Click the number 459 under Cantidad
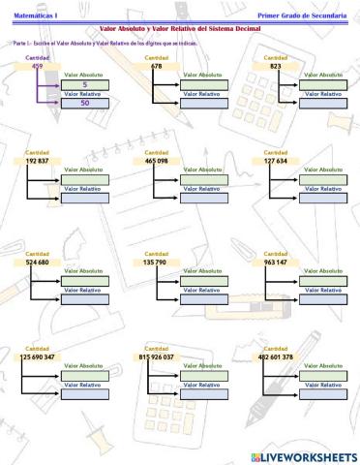(x=37, y=66)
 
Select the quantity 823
(x=276, y=66)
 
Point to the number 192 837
(x=38, y=160)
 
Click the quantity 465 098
(x=158, y=160)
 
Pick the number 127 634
(x=277, y=160)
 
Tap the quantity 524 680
(x=38, y=262)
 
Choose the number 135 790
(x=157, y=262)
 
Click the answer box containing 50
(x=85, y=104)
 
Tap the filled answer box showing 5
(x=85, y=85)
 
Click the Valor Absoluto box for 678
(x=204, y=85)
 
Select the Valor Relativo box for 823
(x=323, y=104)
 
